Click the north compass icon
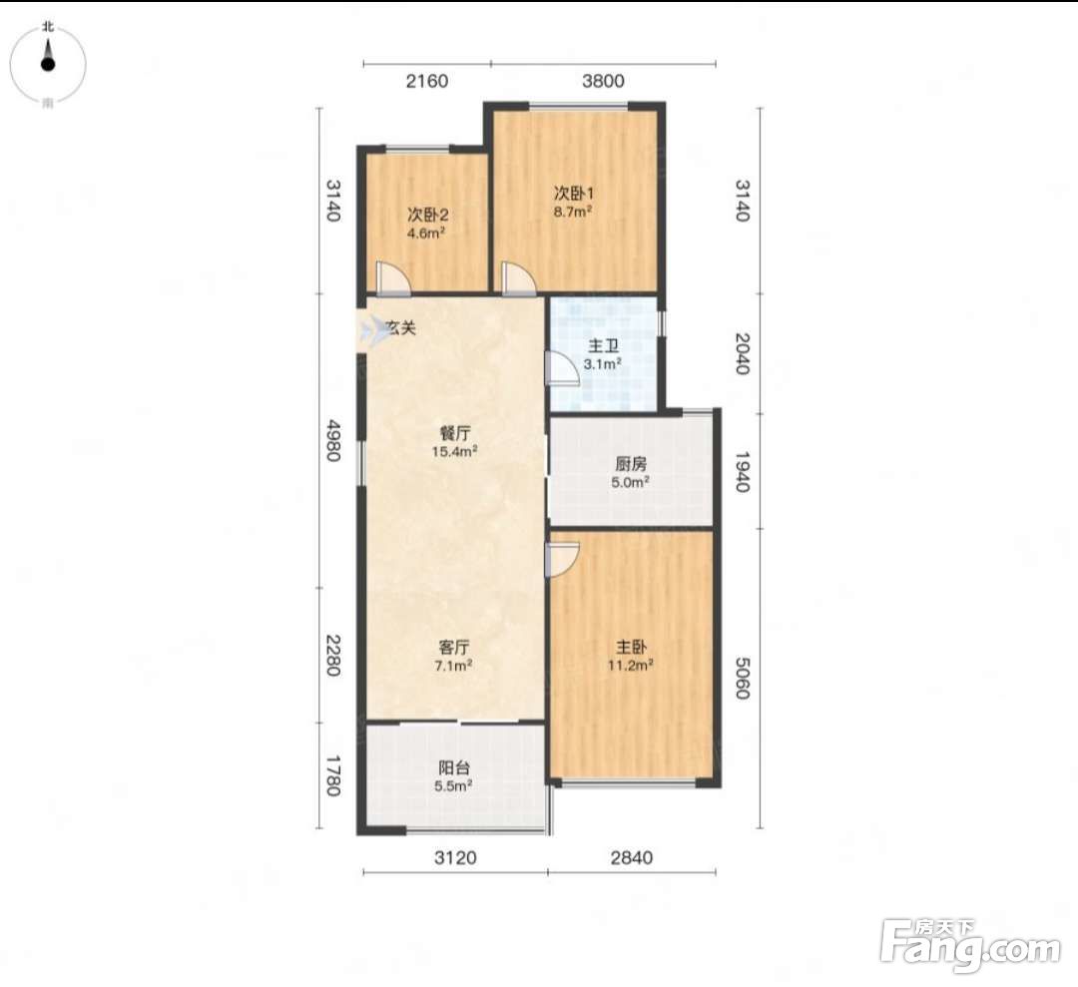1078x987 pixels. [48, 63]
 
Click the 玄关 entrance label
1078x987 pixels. [400, 328]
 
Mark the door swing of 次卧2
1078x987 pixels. [393, 279]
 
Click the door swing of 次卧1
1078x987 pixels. [519, 279]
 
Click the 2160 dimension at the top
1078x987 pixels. [427, 81]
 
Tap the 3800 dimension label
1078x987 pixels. [603, 81]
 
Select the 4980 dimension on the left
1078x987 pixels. [332, 440]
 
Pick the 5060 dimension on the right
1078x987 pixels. [741, 678]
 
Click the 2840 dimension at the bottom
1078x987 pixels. [631, 858]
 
